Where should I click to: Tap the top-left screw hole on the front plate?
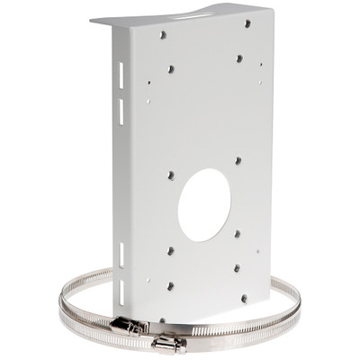(161, 36)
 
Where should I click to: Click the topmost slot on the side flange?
(121, 73)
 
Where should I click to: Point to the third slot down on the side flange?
(121, 252)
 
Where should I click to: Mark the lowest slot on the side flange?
(121, 289)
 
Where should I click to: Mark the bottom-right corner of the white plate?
(270, 299)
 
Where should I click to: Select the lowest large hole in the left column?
(169, 286)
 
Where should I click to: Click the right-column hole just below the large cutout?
(238, 233)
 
